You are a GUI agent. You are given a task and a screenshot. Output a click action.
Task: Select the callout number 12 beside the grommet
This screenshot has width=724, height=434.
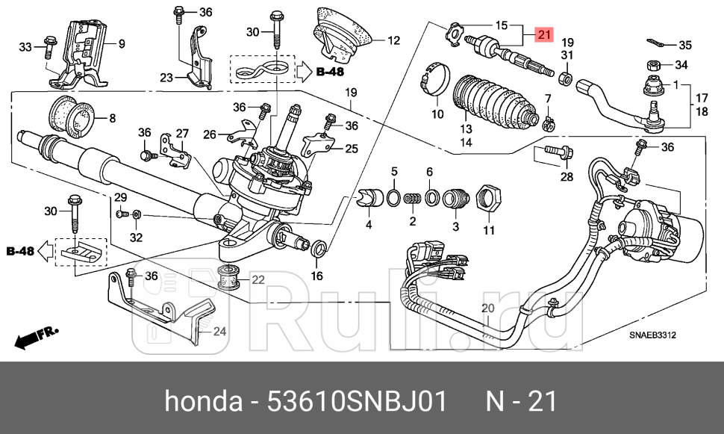pyautogui.click(x=393, y=40)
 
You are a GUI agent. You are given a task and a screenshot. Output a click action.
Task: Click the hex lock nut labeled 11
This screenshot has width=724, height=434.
pyautogui.click(x=489, y=199)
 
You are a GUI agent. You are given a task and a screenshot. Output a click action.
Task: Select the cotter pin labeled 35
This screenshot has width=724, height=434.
pyautogui.click(x=656, y=43)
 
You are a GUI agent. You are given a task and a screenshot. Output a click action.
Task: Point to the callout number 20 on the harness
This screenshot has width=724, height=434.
pyautogui.click(x=487, y=308)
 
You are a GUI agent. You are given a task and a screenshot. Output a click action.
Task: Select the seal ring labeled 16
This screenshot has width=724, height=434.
pyautogui.click(x=317, y=247)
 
